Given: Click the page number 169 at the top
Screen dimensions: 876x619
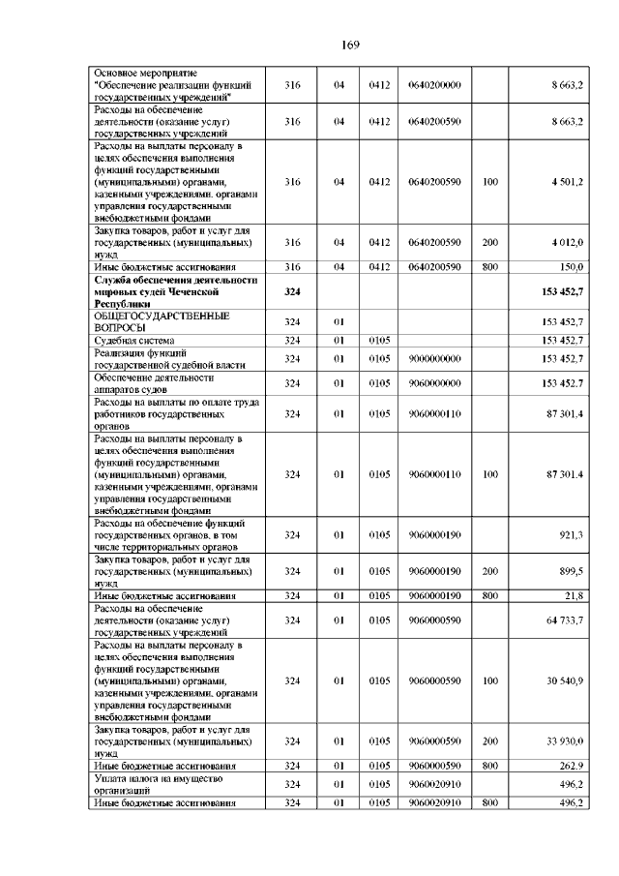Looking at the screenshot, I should [x=350, y=45].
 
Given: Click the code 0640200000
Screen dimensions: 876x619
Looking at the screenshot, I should [x=434, y=85].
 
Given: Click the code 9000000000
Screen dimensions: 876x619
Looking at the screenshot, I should [x=434, y=358].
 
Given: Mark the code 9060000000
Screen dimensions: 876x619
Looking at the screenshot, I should [x=434, y=383].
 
